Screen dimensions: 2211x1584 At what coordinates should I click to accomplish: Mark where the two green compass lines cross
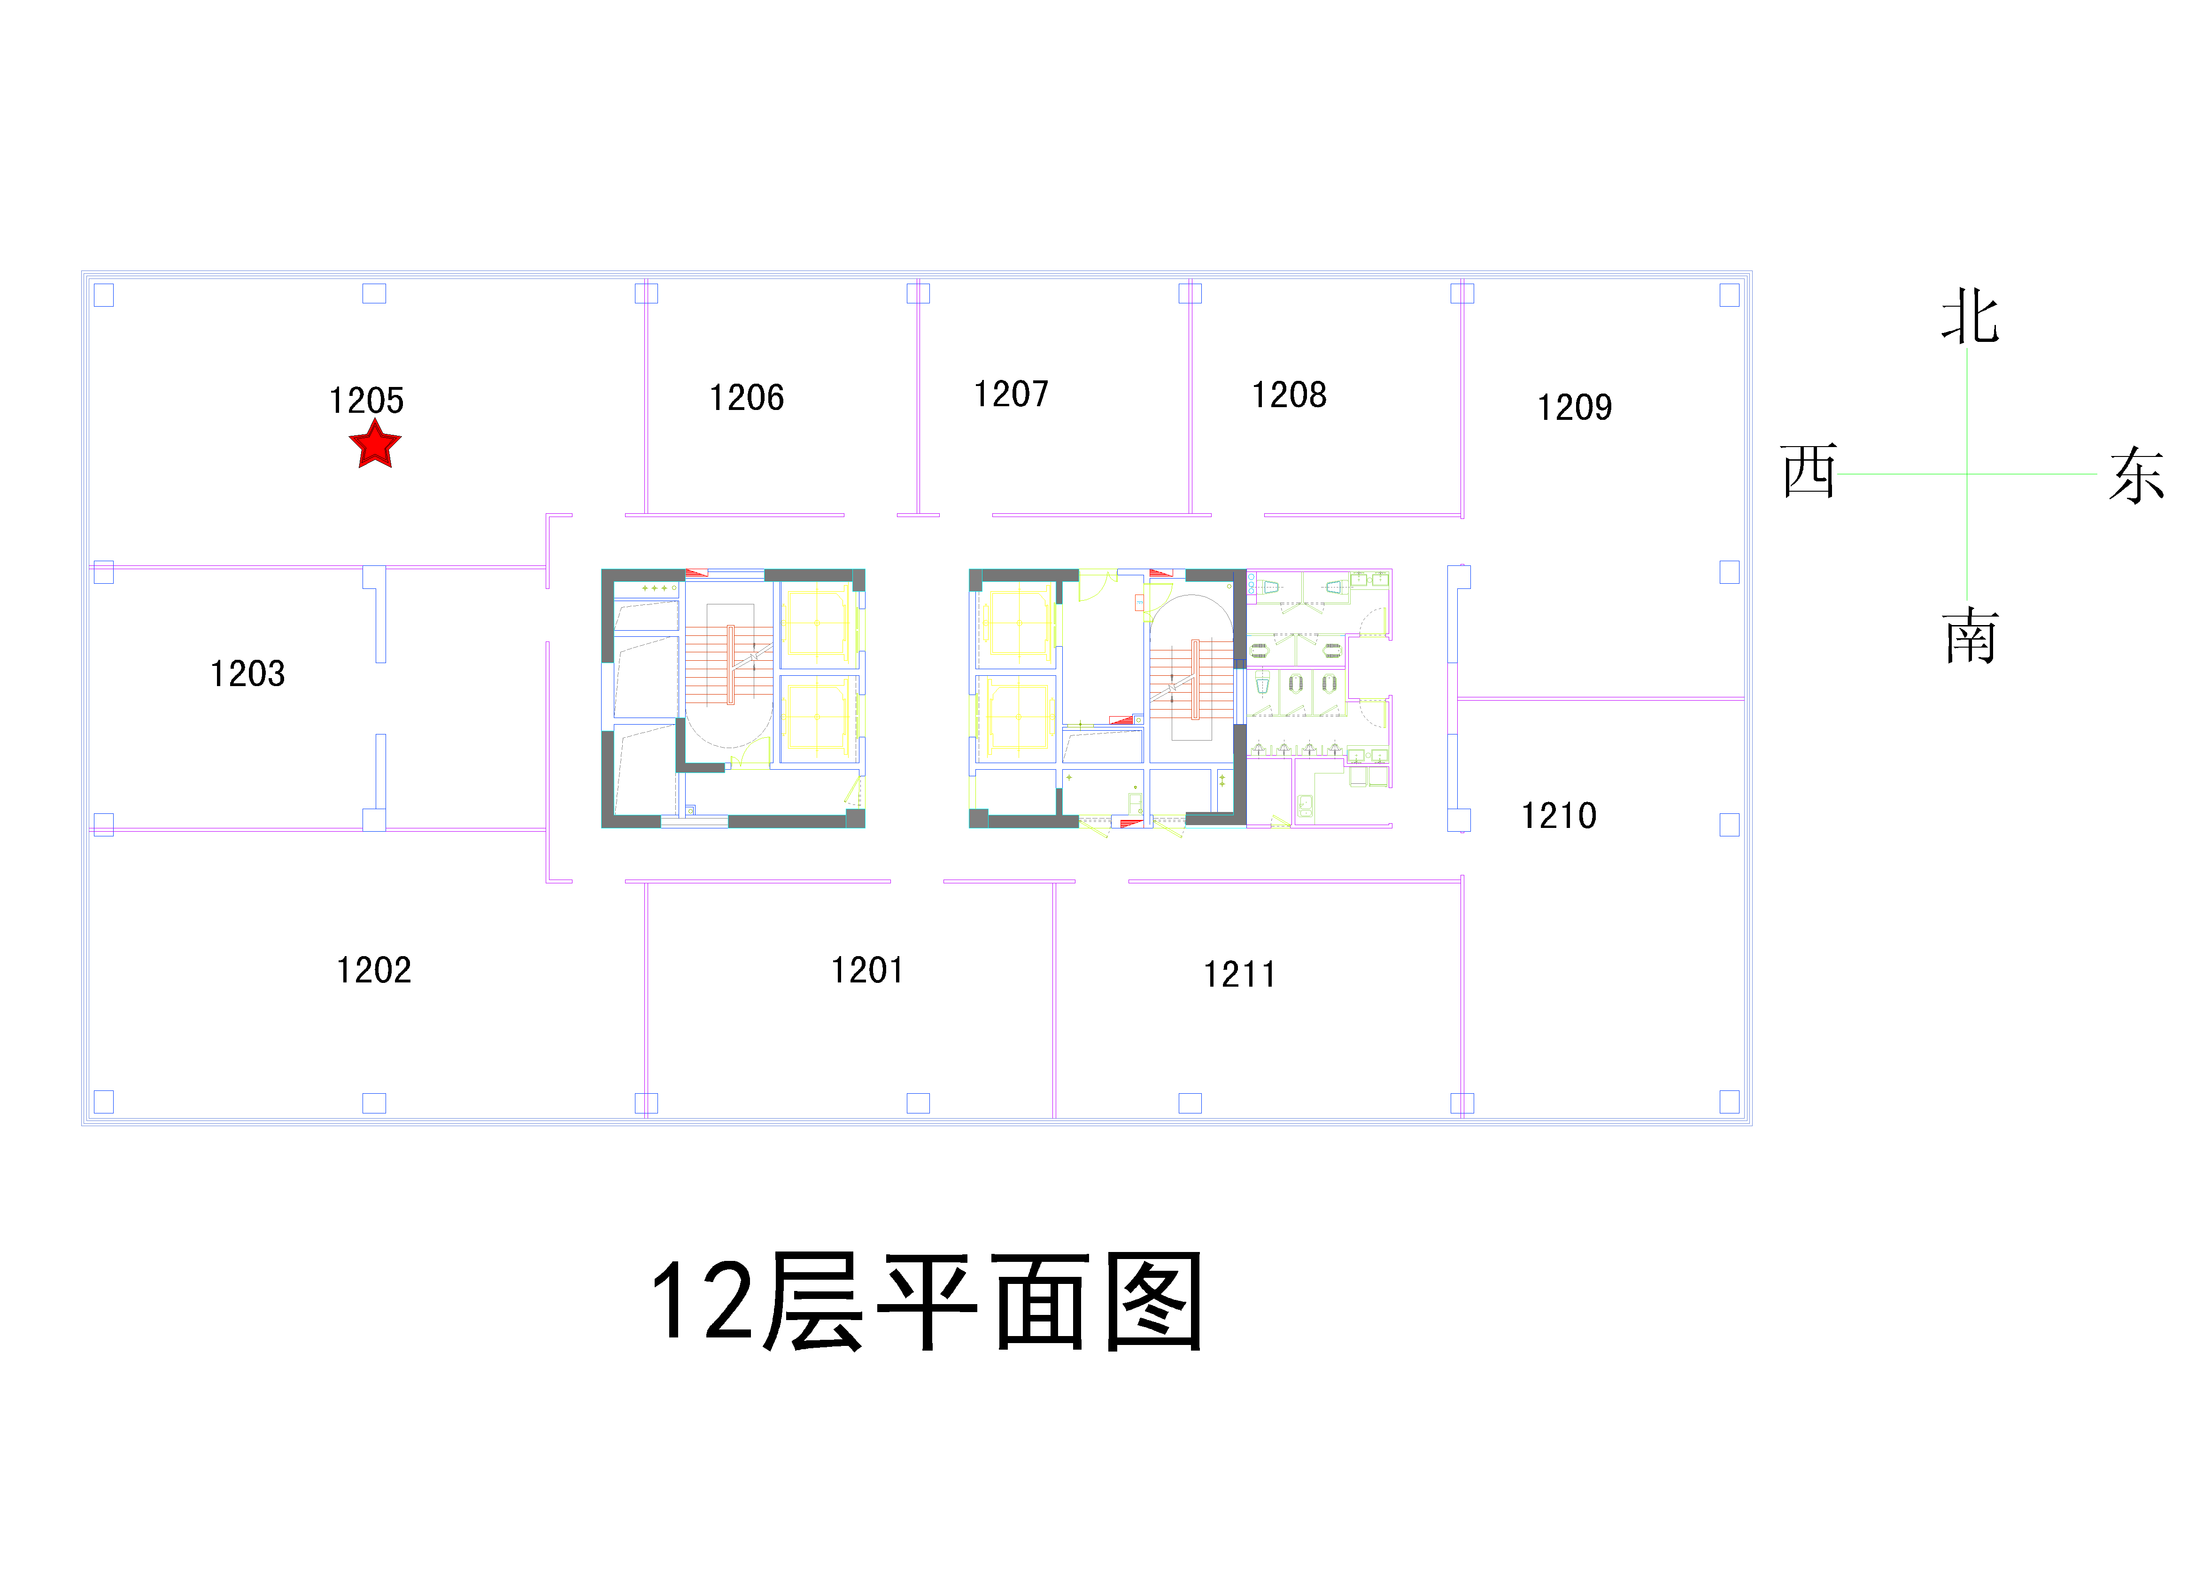click(1966, 475)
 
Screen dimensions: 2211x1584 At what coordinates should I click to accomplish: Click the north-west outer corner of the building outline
click(82, 271)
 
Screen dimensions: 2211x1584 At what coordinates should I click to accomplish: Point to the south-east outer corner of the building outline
click(1752, 1126)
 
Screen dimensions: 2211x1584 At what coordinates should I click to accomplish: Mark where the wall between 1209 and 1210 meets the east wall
click(1744, 699)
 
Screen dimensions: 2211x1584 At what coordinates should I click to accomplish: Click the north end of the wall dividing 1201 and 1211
click(1054, 882)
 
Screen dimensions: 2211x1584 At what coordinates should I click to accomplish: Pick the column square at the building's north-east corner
click(1730, 294)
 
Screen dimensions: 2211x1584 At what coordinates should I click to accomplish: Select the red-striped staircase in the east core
click(1191, 680)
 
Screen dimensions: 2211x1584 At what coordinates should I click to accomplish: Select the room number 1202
click(374, 970)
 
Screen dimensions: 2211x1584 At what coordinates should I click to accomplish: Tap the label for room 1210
click(1560, 816)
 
